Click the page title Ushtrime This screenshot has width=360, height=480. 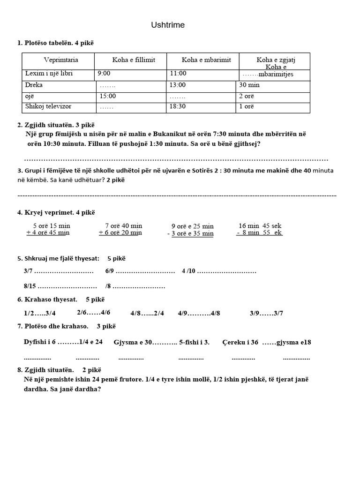click(x=168, y=25)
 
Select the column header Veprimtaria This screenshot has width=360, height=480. click(x=61, y=60)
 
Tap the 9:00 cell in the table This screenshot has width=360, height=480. click(x=104, y=74)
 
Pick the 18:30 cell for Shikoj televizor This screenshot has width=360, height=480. click(x=178, y=106)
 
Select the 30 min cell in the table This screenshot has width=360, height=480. click(x=249, y=85)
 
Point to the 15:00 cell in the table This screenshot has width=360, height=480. click(x=107, y=96)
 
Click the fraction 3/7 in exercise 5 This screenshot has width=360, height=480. click(x=28, y=271)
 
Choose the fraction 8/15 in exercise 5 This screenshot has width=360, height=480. click(x=29, y=286)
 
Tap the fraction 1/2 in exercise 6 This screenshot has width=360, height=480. click(x=28, y=313)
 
